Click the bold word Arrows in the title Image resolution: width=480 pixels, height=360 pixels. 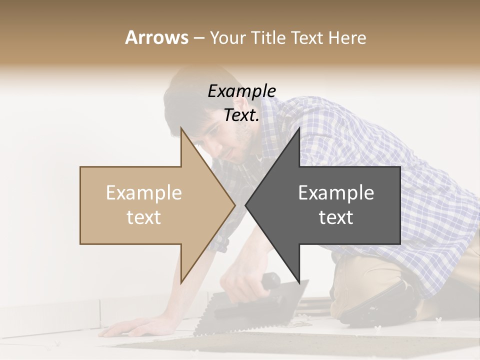(156, 37)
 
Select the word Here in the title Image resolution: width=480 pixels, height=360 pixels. (347, 37)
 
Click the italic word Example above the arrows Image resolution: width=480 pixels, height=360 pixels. (241, 91)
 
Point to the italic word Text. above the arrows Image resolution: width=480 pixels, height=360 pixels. (241, 115)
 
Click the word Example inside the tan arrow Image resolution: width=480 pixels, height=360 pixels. (144, 192)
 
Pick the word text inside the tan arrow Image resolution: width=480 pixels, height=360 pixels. (144, 217)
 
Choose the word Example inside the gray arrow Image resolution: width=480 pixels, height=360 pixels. (336, 192)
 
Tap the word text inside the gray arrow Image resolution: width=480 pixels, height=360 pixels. (336, 217)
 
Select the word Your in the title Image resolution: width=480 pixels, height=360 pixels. (227, 37)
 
